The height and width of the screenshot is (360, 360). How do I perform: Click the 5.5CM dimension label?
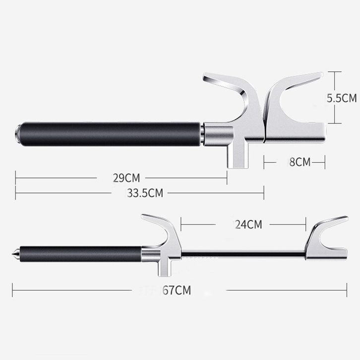342,98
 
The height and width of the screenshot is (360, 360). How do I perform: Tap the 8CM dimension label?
300,162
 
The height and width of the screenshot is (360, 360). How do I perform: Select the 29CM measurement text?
126,178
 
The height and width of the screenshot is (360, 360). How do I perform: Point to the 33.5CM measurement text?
145,193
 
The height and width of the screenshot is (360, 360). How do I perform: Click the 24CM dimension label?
248,224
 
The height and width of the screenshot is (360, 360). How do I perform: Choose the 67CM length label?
177,290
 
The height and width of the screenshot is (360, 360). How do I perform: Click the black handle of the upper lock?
110,134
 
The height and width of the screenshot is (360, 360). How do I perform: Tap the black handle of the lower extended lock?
81,254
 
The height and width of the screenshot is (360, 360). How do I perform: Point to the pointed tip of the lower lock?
12,254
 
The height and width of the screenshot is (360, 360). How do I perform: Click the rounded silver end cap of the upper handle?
17,134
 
